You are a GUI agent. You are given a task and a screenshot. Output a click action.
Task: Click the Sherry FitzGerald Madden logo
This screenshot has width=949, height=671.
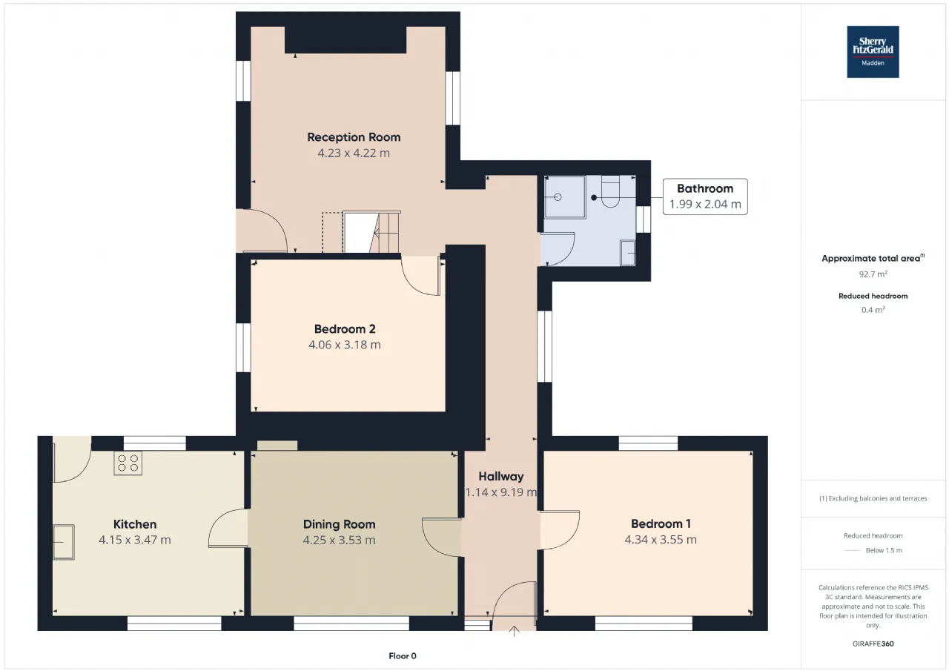pos(873,52)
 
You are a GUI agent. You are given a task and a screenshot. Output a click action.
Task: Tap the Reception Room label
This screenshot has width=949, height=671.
pos(354,137)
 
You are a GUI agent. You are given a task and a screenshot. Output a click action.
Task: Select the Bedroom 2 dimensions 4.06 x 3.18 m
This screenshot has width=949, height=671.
pos(345,345)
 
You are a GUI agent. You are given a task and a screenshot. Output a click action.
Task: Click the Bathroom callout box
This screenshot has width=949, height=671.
pos(705,196)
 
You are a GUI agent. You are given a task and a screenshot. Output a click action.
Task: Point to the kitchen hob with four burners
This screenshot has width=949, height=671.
pos(128,463)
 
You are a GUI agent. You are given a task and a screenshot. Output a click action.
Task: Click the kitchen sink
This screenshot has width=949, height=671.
pos(64,542)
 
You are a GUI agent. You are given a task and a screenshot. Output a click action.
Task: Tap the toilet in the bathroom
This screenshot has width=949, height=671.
pos(610,191)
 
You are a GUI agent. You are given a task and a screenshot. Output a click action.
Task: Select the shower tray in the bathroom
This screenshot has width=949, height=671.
pos(565,197)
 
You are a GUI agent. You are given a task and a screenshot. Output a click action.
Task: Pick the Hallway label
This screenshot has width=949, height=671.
pos(500,477)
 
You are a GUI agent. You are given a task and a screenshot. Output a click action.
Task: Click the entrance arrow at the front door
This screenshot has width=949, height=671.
pos(514,631)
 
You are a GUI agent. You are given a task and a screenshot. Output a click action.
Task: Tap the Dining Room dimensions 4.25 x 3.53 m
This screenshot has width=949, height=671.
pos(339,540)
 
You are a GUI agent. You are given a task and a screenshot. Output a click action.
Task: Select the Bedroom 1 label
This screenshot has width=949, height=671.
pos(661,524)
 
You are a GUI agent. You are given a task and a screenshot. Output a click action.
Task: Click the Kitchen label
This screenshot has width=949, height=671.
pos(135,524)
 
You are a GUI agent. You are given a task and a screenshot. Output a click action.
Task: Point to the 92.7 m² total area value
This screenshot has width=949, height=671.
pos(873,274)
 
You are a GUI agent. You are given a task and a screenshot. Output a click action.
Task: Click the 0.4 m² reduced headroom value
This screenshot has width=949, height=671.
pos(873,310)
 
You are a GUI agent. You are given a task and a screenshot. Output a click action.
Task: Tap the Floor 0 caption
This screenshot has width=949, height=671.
pos(403,655)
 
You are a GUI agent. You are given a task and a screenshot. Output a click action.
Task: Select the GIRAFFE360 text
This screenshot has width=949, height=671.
pos(873,644)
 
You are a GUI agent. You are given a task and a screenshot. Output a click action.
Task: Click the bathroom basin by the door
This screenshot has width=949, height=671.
pos(627,253)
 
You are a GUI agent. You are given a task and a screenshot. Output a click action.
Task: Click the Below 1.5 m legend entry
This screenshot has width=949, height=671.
pos(873,550)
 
